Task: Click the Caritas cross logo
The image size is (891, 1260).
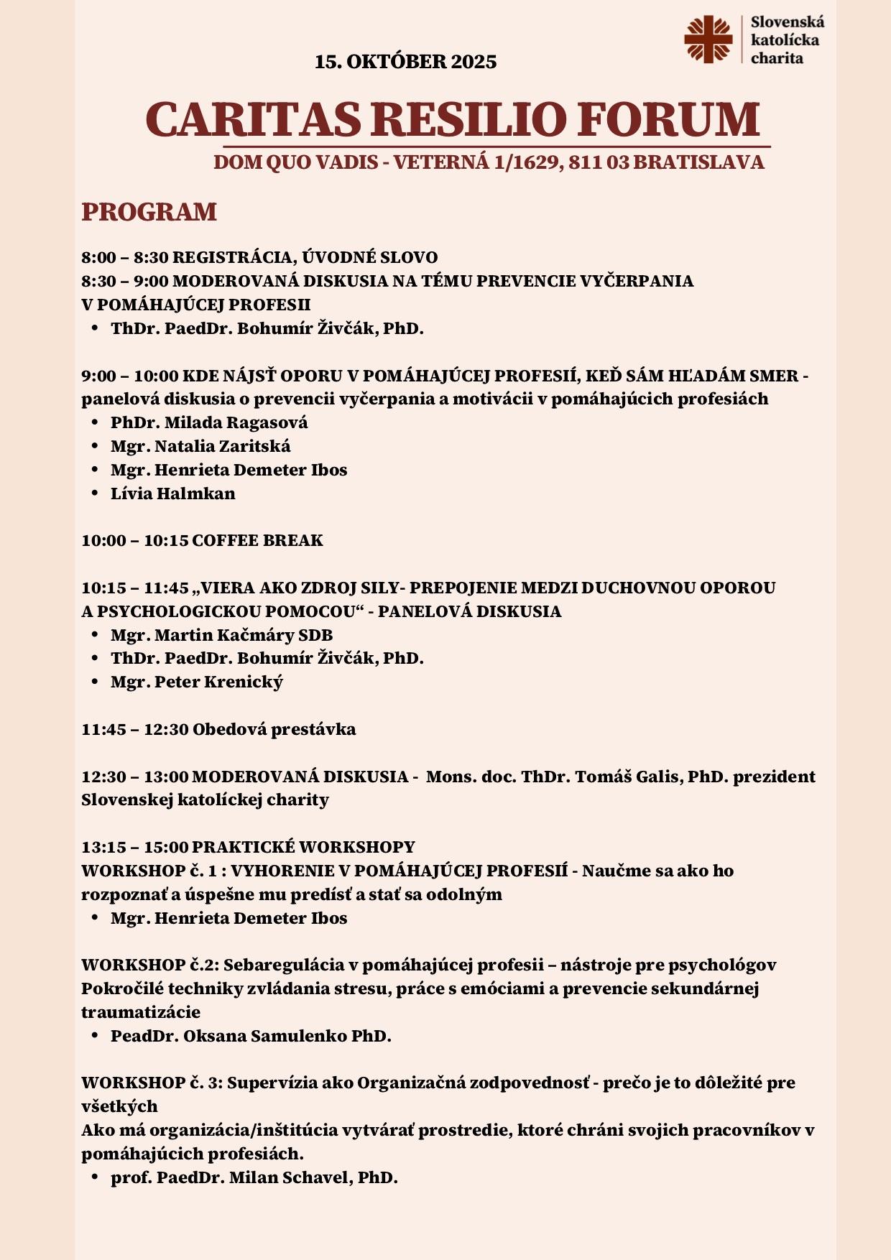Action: pyautogui.click(x=708, y=40)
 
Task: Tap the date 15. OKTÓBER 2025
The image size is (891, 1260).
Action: pyautogui.click(x=405, y=62)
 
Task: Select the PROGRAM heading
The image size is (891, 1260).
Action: pyautogui.click(x=149, y=212)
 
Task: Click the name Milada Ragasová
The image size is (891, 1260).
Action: pyautogui.click(x=236, y=422)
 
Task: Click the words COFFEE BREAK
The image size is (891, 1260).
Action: pyautogui.click(x=257, y=540)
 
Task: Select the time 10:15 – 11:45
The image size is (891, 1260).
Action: pyautogui.click(x=134, y=588)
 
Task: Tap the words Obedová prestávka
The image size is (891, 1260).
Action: pyautogui.click(x=274, y=729)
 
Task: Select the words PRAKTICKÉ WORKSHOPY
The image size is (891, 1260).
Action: pyautogui.click(x=303, y=847)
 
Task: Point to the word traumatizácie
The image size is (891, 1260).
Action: pyautogui.click(x=141, y=1012)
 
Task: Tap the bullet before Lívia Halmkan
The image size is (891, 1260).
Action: pyautogui.click(x=94, y=494)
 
